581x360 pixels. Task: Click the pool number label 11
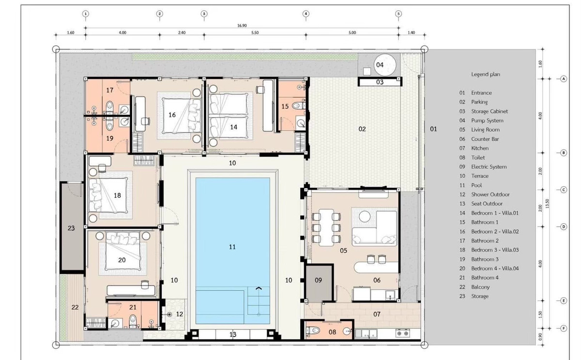(x=232, y=247)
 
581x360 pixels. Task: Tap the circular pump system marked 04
(x=385, y=64)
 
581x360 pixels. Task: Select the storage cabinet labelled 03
(x=380, y=82)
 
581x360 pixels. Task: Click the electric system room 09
(x=319, y=283)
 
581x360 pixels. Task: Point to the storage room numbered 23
(x=72, y=227)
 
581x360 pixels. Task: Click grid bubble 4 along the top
(x=306, y=14)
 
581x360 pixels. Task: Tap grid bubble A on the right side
(x=564, y=79)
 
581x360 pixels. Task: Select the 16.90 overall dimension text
(x=242, y=25)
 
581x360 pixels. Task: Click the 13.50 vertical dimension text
(x=547, y=203)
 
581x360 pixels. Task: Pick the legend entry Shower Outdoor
(x=490, y=195)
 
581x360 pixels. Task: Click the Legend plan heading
(x=486, y=75)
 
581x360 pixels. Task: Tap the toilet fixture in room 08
(x=314, y=330)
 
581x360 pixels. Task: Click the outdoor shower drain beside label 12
(x=169, y=315)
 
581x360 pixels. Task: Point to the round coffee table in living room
(x=365, y=216)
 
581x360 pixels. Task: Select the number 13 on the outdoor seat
(x=233, y=334)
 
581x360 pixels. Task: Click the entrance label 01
(x=433, y=129)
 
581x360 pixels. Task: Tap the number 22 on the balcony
(x=75, y=307)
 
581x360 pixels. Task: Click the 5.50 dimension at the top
(x=255, y=32)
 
